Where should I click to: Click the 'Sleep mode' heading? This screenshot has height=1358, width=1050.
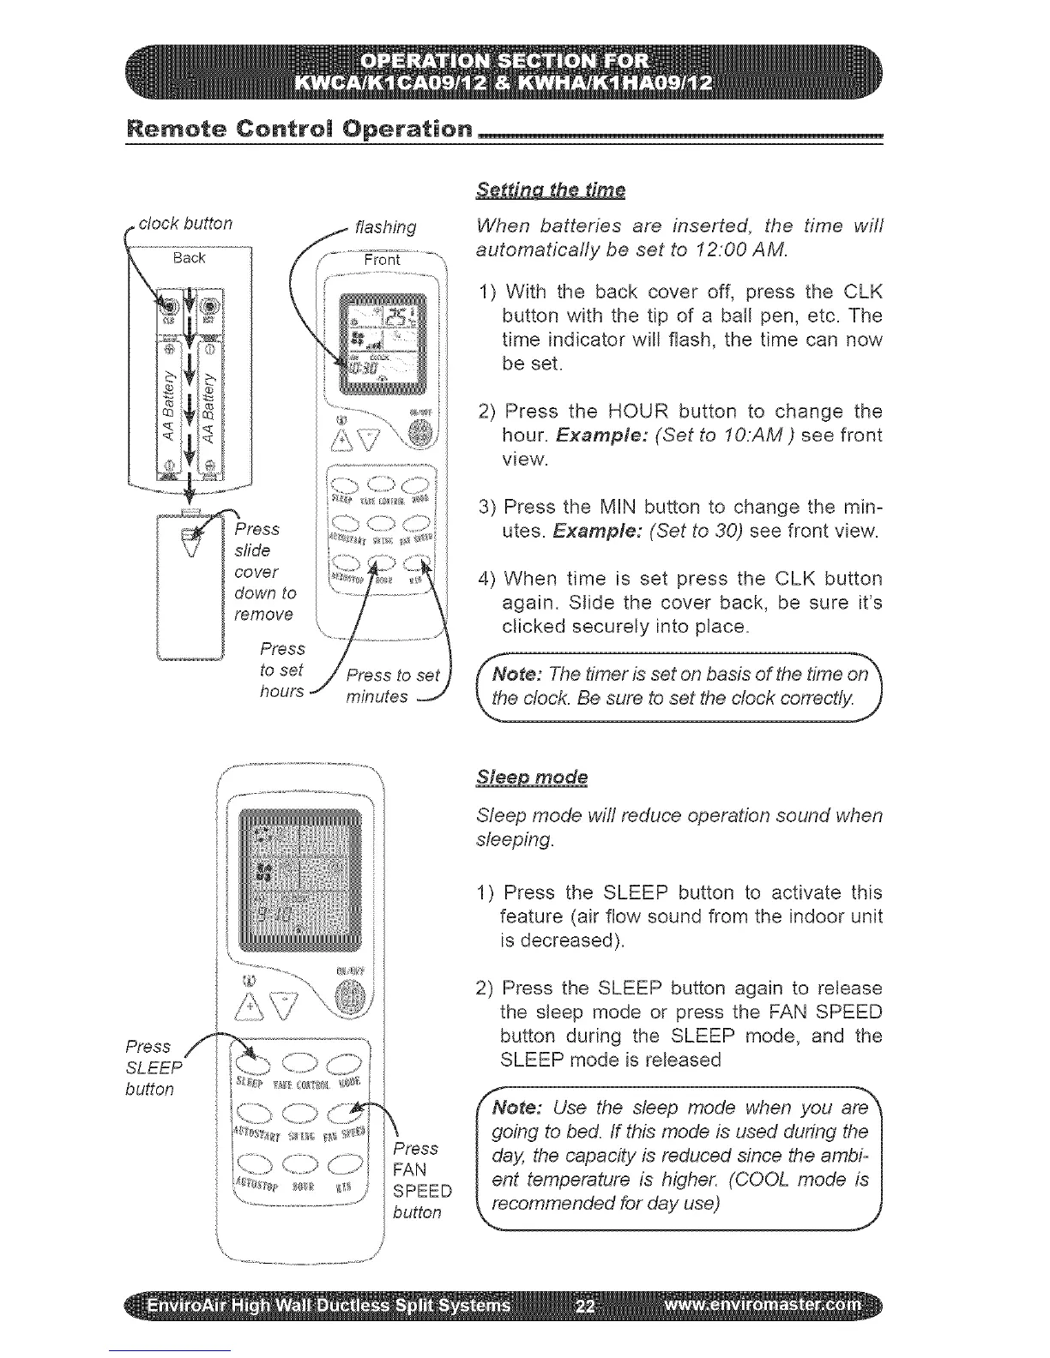tap(532, 778)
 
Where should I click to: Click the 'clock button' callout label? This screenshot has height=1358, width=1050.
tap(185, 224)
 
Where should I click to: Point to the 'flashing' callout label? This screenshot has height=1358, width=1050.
tap(385, 227)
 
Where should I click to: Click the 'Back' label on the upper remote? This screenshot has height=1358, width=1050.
tap(189, 257)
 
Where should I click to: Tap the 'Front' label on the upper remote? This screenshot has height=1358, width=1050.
tap(382, 259)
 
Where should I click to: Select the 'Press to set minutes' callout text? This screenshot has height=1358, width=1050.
tap(391, 686)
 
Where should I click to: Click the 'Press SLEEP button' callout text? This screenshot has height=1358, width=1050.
tap(152, 1067)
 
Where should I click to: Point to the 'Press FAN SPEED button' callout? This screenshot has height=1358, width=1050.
tap(420, 1181)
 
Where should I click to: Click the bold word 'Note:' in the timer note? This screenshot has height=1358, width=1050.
tap(514, 673)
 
